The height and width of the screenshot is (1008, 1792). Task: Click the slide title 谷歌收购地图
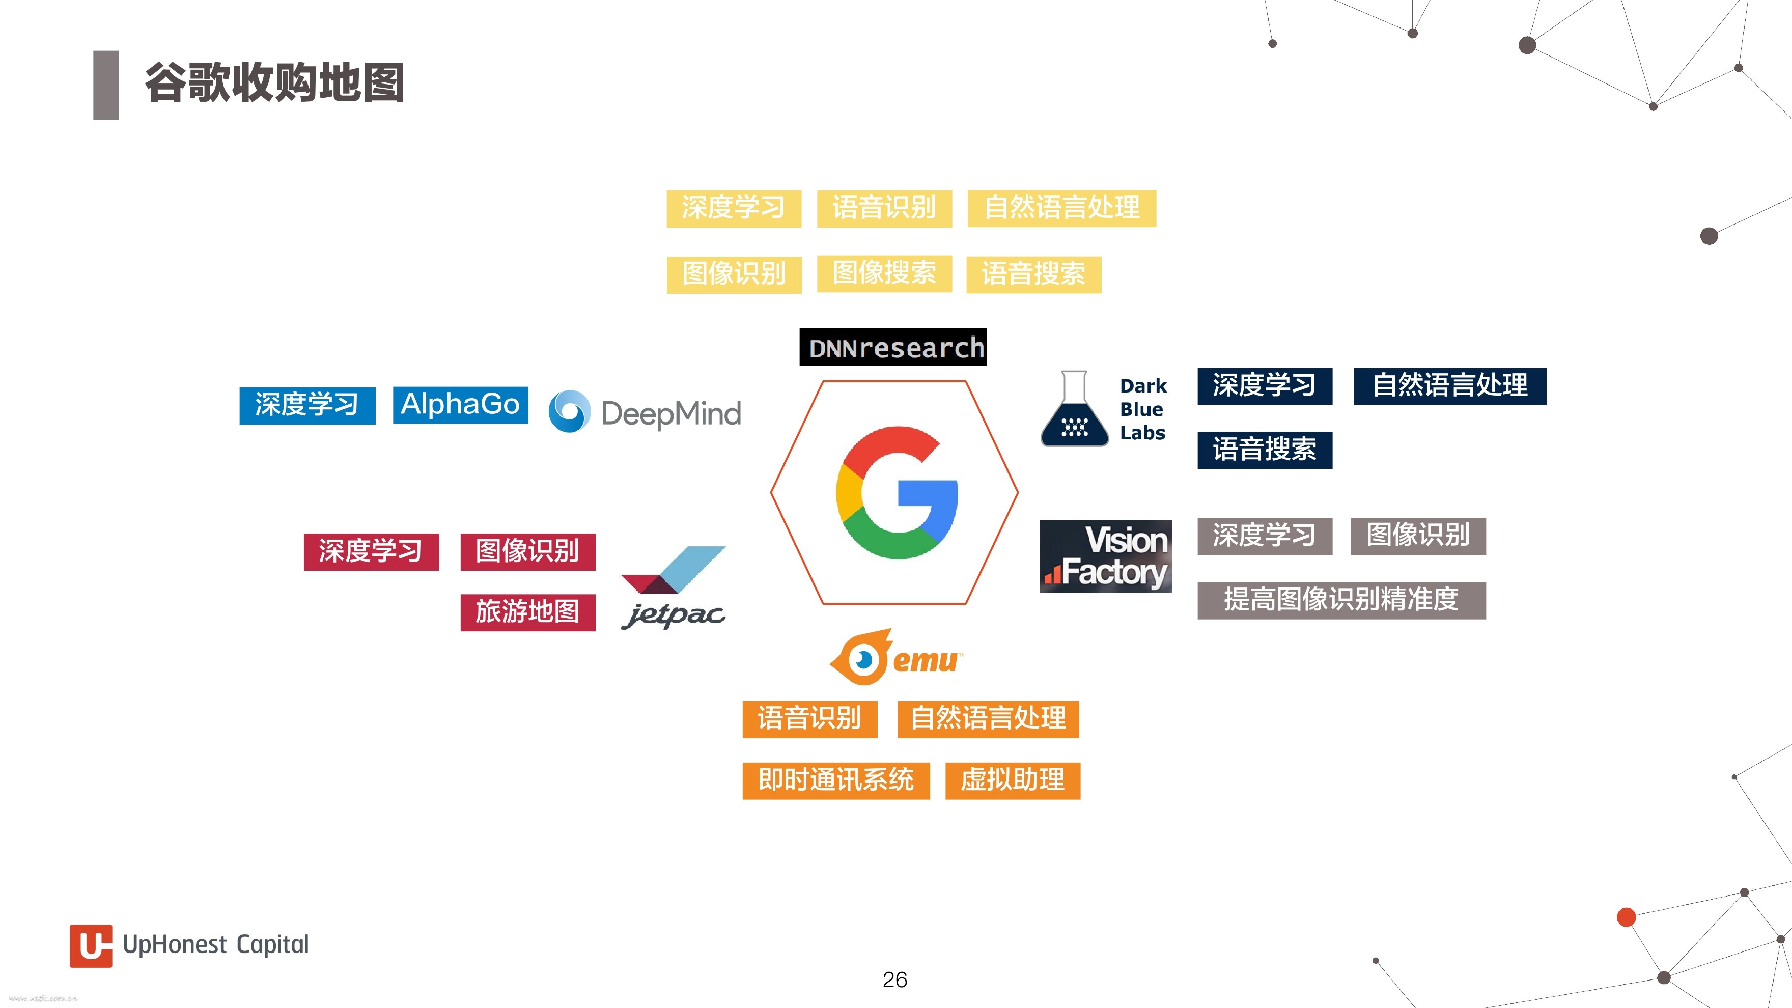[x=274, y=83]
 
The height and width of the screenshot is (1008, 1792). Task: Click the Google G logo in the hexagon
[x=897, y=492]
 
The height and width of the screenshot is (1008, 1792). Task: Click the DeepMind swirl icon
[x=570, y=411]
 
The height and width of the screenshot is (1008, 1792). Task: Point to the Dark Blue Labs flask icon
[x=1074, y=408]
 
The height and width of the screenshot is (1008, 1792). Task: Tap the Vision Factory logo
[x=1105, y=556]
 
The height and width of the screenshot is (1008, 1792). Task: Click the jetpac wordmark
[x=674, y=615]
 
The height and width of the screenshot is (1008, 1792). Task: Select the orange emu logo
[x=896, y=657]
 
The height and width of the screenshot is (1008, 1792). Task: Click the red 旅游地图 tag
[x=527, y=612]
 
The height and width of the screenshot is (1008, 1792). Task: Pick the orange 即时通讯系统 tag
[x=835, y=780]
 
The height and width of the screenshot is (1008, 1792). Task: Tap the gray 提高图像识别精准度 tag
[x=1341, y=600]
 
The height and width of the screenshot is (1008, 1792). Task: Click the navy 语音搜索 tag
[x=1265, y=450]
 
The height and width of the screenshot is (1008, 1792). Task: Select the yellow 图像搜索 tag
[x=884, y=273]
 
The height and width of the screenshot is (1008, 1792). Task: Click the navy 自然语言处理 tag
[x=1450, y=386]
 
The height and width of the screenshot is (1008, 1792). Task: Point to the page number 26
[x=894, y=979]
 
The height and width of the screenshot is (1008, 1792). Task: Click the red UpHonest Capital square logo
[x=91, y=945]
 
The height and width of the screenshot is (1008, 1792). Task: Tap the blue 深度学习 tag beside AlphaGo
[x=307, y=406]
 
